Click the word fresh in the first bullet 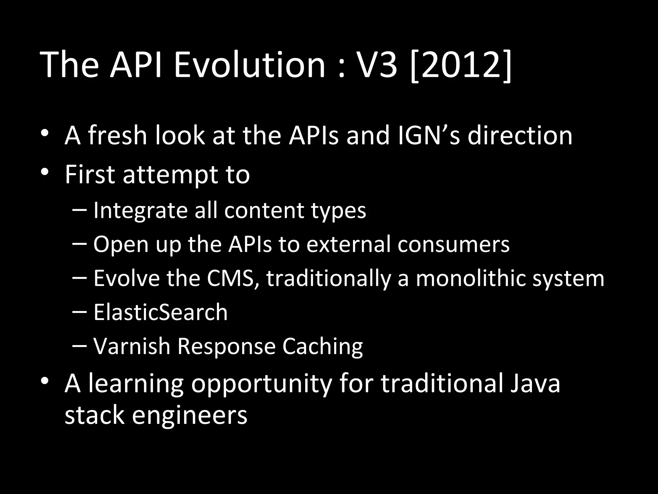pyautogui.click(x=118, y=135)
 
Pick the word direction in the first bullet pyautogui.click(x=520, y=135)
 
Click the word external pyautogui.click(x=348, y=244)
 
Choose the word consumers pyautogui.click(x=453, y=244)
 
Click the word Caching pyautogui.click(x=323, y=347)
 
